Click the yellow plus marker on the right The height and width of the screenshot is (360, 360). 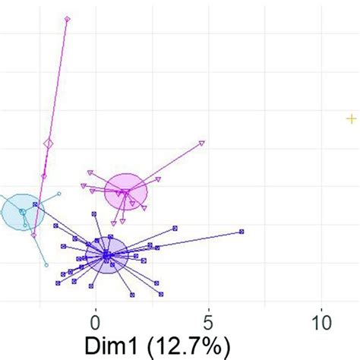pos(351,118)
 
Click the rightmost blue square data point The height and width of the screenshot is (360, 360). pos(242,231)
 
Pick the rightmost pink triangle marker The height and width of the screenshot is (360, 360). pos(201,142)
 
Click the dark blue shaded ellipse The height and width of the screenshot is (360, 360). pos(106,255)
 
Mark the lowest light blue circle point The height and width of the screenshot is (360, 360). pos(46,265)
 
